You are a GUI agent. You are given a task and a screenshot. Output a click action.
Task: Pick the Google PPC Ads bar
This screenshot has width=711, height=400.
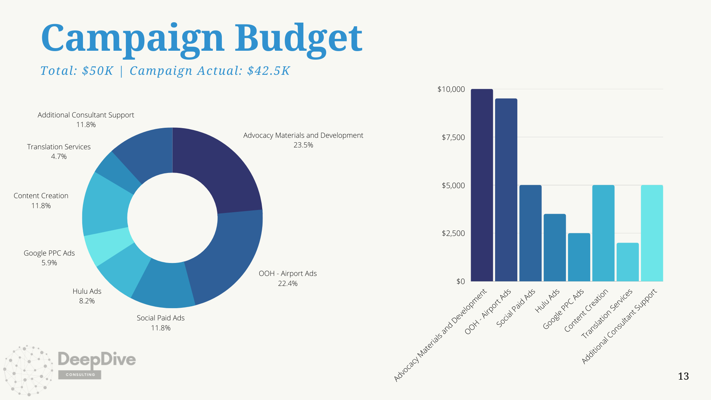pyautogui.click(x=579, y=257)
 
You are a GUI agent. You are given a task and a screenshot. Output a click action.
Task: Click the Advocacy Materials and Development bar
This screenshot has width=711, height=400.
pyautogui.click(x=482, y=185)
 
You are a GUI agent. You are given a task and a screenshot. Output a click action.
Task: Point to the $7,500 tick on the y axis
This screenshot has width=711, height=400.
pyautogui.click(x=453, y=137)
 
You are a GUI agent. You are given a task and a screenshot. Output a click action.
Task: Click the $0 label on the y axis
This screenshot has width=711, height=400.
pyautogui.click(x=460, y=281)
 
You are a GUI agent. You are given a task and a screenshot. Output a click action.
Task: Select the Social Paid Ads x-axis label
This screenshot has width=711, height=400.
pyautogui.click(x=516, y=308)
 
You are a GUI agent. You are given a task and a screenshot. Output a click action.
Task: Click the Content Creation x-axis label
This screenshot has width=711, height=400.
pyautogui.click(x=586, y=310)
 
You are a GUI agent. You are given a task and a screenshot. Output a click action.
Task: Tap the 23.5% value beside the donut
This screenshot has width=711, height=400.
pyautogui.click(x=303, y=145)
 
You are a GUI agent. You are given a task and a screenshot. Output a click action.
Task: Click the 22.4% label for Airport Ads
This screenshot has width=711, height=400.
pyautogui.click(x=288, y=284)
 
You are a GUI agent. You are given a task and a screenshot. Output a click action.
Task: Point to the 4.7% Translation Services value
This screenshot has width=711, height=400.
pyautogui.click(x=59, y=157)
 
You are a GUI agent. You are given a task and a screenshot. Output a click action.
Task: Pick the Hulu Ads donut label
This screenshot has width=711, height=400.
pyautogui.click(x=87, y=291)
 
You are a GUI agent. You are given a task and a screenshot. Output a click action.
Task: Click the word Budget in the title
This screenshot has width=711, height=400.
pyautogui.click(x=298, y=39)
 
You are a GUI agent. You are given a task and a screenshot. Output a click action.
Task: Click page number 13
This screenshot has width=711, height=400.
pyautogui.click(x=683, y=376)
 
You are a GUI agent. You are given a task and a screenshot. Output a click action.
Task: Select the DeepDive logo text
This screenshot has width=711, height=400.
pyautogui.click(x=97, y=359)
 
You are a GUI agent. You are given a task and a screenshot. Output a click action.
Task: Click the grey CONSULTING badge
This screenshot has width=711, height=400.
pyautogui.click(x=80, y=374)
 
